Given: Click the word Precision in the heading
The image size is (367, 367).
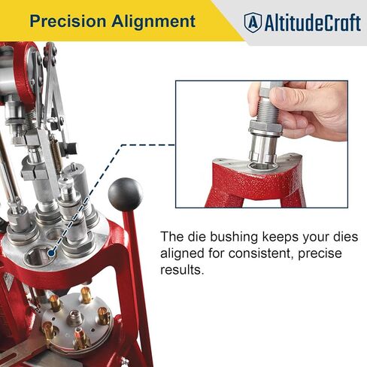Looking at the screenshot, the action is click(68, 21).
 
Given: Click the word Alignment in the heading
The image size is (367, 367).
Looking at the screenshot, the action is click(153, 21).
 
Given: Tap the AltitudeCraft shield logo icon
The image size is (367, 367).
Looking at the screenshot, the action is click(253, 23).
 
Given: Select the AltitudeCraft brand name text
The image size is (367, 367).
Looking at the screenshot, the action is click(313, 23).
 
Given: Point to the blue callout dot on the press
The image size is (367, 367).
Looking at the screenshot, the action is click(52, 253).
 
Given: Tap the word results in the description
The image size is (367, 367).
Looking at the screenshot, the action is click(181, 270).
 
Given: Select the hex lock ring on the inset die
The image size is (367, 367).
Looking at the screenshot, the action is click(265, 128).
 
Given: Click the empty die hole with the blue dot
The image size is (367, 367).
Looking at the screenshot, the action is click(39, 256).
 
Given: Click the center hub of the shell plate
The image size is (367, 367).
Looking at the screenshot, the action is click(76, 317).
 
